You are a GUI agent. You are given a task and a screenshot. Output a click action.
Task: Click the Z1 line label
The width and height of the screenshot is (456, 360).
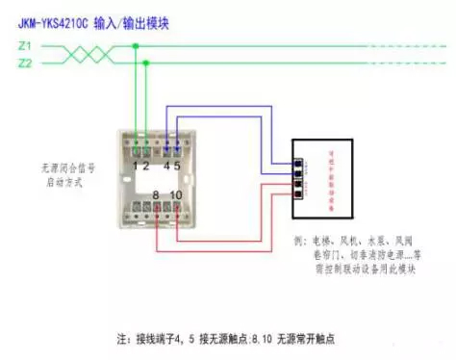pos(25,45)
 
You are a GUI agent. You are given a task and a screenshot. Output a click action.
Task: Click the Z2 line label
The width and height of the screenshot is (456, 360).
pos(25,63)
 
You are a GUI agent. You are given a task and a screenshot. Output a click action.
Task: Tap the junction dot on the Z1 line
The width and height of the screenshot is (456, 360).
pos(136,45)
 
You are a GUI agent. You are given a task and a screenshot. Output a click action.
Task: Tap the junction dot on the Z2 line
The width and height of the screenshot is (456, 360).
pos(146,64)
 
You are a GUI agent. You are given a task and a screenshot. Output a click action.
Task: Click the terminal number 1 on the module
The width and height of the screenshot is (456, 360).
pos(137,166)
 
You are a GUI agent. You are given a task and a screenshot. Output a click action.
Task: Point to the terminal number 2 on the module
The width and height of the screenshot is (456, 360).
pos(146,166)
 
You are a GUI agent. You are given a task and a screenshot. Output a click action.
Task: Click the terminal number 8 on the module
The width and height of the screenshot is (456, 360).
pos(155,196)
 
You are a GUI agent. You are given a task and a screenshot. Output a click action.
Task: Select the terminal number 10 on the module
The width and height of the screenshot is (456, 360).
pos(176,196)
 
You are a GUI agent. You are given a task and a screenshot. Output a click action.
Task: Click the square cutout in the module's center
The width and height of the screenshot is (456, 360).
pos(157,182)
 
